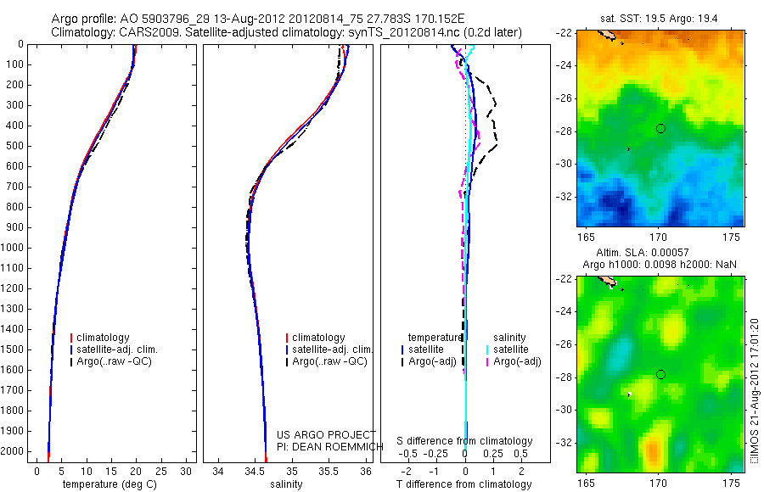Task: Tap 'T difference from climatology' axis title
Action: [464, 484]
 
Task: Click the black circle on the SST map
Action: [660, 128]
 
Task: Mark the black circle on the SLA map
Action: [660, 374]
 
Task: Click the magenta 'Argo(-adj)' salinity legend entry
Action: [517, 362]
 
